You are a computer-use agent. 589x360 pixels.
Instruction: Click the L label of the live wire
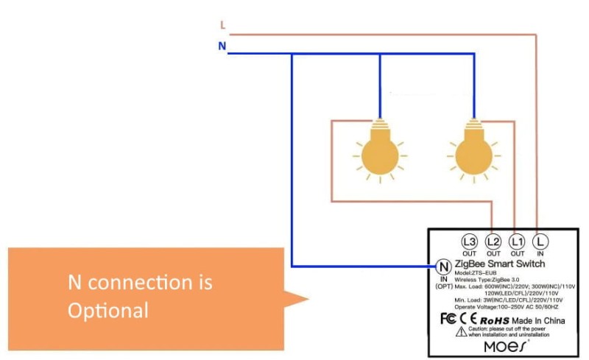point(222,25)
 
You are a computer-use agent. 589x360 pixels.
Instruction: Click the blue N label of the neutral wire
point(222,46)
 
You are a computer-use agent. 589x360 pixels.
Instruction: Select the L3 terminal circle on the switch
point(469,241)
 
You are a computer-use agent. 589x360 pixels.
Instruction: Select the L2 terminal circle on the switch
point(493,241)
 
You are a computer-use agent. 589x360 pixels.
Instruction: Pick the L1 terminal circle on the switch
point(518,241)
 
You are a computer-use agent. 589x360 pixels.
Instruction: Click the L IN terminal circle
point(540,241)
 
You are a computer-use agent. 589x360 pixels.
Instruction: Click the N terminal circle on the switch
point(444,266)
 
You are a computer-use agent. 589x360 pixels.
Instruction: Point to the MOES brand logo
point(505,345)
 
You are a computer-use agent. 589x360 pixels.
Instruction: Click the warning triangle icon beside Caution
point(460,333)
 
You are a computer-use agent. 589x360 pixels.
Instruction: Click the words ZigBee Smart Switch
point(500,264)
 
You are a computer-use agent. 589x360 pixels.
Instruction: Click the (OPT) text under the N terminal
point(444,286)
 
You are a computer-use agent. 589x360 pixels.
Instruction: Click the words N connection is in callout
point(140,282)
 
